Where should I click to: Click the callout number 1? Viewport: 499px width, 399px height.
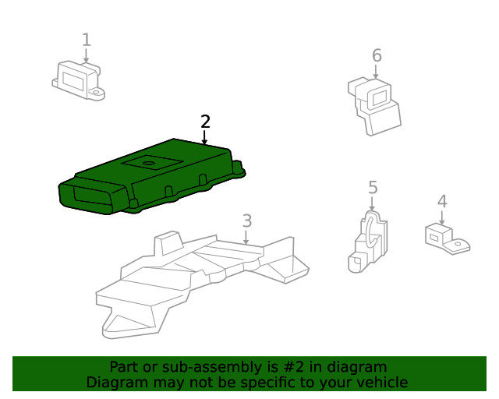click(87, 40)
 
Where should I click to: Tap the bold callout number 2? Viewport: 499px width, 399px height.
click(206, 122)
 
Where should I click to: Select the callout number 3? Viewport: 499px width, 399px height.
click(247, 221)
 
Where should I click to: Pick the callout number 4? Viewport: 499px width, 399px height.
click(442, 201)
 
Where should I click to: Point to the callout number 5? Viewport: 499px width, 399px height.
click(373, 187)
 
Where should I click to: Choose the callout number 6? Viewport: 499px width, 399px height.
click(377, 55)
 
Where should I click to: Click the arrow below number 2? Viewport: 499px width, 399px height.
click(204, 137)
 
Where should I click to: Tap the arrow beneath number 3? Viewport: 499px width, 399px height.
click(246, 237)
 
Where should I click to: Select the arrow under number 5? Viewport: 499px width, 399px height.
click(372, 203)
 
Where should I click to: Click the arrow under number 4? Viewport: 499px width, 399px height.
click(442, 217)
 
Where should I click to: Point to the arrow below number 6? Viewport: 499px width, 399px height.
click(376, 72)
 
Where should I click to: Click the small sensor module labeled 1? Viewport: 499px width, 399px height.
click(78, 81)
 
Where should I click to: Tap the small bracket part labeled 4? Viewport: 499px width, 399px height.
click(447, 239)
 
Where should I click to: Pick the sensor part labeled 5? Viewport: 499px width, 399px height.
click(368, 242)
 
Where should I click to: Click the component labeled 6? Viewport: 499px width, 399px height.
click(374, 107)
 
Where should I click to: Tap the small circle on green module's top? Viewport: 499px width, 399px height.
click(148, 163)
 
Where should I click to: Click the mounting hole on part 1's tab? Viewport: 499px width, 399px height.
click(95, 93)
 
